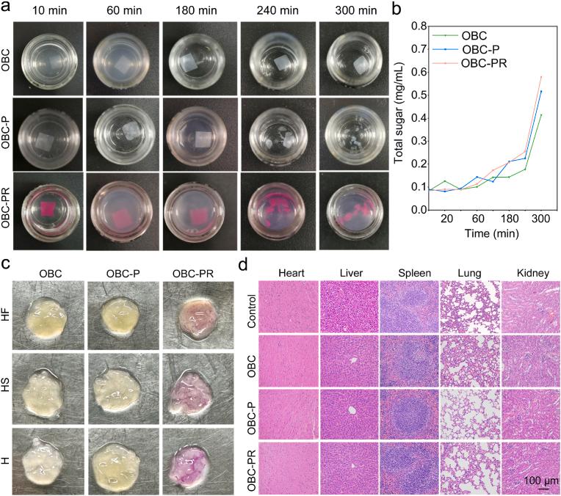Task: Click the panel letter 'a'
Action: [x=7, y=8]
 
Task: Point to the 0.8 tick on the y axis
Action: [x=417, y=26]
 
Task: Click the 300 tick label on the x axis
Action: [x=541, y=219]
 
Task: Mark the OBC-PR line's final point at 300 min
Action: [x=541, y=76]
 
